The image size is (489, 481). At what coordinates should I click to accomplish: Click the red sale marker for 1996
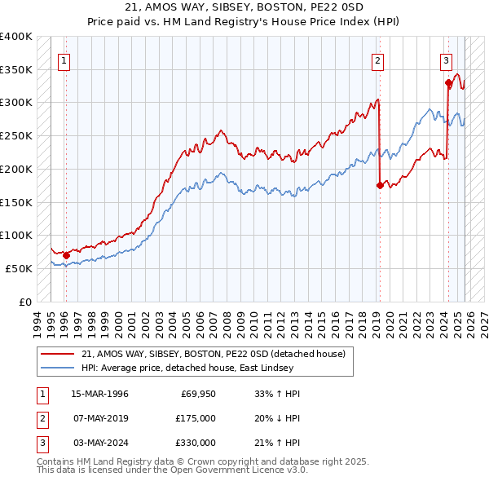tap(66, 255)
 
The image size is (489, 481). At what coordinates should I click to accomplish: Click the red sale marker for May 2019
tap(380, 185)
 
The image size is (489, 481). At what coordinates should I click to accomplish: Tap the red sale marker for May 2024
tap(448, 82)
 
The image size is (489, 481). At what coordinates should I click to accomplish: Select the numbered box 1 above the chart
tap(64, 59)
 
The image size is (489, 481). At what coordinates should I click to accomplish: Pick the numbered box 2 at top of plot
tap(378, 59)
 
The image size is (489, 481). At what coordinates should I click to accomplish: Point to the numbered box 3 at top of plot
tap(447, 59)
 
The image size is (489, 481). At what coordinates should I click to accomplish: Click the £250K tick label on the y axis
tap(16, 135)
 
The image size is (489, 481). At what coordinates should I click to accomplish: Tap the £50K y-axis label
tap(20, 268)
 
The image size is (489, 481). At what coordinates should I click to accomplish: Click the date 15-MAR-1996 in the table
tap(99, 394)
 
